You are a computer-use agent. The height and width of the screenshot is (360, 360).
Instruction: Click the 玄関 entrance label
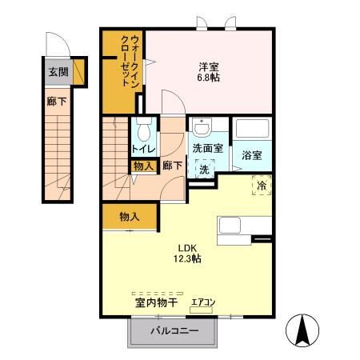click(x=58, y=73)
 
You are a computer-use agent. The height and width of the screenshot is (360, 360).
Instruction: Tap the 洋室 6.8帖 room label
click(x=210, y=72)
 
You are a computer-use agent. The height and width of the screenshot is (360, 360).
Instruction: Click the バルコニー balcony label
click(x=171, y=331)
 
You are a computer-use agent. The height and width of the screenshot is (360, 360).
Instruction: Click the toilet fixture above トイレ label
click(x=144, y=130)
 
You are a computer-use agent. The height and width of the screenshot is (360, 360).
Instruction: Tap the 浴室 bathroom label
click(x=252, y=155)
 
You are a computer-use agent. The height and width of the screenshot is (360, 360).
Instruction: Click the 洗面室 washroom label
click(x=208, y=149)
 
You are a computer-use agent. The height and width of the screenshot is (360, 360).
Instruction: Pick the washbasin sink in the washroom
click(x=202, y=127)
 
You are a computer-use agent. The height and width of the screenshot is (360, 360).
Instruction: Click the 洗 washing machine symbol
click(x=204, y=170)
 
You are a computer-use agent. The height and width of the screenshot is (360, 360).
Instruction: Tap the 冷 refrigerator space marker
click(x=262, y=185)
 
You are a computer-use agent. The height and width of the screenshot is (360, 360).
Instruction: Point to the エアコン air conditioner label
click(x=202, y=302)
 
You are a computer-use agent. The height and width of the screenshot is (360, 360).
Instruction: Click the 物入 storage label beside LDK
click(x=130, y=216)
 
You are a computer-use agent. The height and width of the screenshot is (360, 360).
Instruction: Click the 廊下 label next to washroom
click(x=172, y=166)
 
